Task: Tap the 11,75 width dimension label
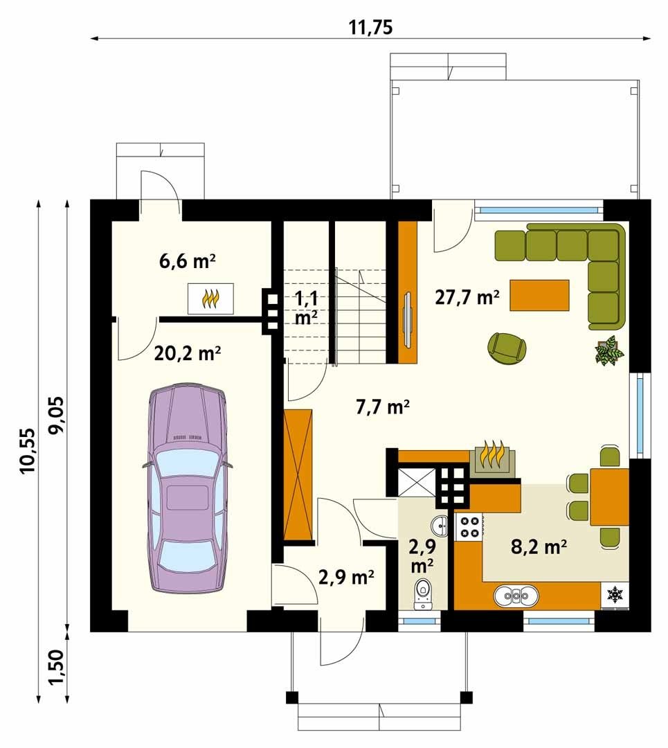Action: pos(370,27)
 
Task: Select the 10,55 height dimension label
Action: pos(28,450)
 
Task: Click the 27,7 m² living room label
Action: pos(467,297)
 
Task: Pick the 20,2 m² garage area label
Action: pos(188,353)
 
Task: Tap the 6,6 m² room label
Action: pos(188,261)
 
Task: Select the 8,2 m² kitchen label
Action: pos(539,546)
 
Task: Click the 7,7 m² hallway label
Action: pos(383,407)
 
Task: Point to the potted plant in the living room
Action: pos(609,350)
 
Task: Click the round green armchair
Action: pos(507,348)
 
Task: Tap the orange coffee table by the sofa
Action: pos(539,295)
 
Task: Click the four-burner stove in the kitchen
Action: pos(469,527)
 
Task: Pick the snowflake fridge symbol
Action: pos(615,594)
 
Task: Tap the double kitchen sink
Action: pos(517,596)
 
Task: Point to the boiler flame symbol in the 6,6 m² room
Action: pos(210,299)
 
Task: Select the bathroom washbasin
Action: pos(439,525)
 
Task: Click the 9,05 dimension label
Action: pos(56,415)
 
